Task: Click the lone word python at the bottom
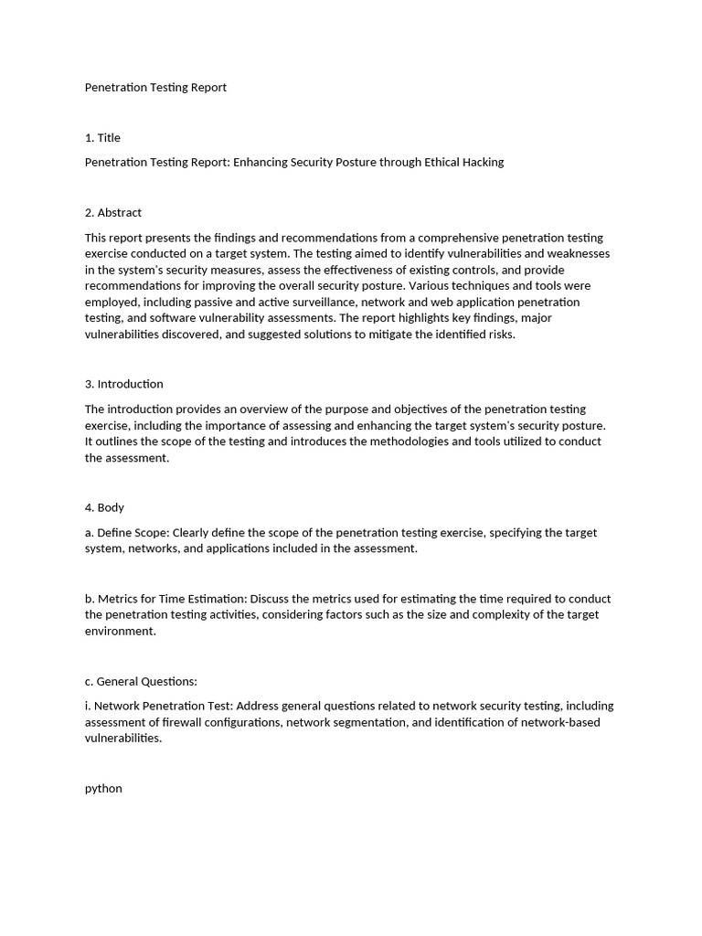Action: point(103,788)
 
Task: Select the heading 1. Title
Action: point(102,137)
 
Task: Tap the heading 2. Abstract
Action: point(113,212)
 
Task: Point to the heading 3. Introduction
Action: point(124,384)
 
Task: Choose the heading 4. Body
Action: point(104,507)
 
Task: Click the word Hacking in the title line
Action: point(482,162)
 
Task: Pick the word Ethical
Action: point(434,162)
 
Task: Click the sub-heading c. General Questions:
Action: point(141,681)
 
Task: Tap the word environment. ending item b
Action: point(121,631)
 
